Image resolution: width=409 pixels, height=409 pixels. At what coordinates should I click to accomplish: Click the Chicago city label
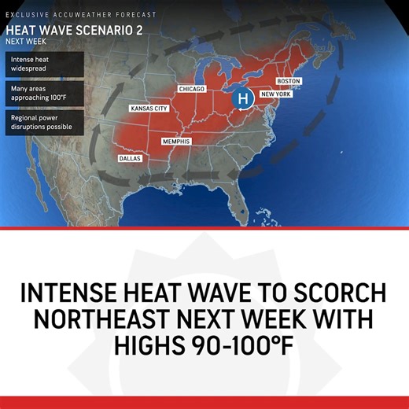click(191, 89)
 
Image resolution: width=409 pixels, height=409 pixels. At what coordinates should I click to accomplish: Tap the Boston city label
click(289, 81)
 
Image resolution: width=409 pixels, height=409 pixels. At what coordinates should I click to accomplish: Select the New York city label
click(276, 94)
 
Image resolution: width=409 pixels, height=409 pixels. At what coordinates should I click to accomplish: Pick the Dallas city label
click(130, 158)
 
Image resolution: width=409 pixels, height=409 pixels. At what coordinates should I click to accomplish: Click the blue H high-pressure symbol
click(243, 98)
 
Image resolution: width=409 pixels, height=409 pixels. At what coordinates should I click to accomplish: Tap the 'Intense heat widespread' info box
click(45, 64)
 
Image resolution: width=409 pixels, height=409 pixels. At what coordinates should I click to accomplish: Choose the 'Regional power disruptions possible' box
click(45, 122)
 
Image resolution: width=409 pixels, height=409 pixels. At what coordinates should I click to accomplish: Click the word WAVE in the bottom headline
click(227, 293)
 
